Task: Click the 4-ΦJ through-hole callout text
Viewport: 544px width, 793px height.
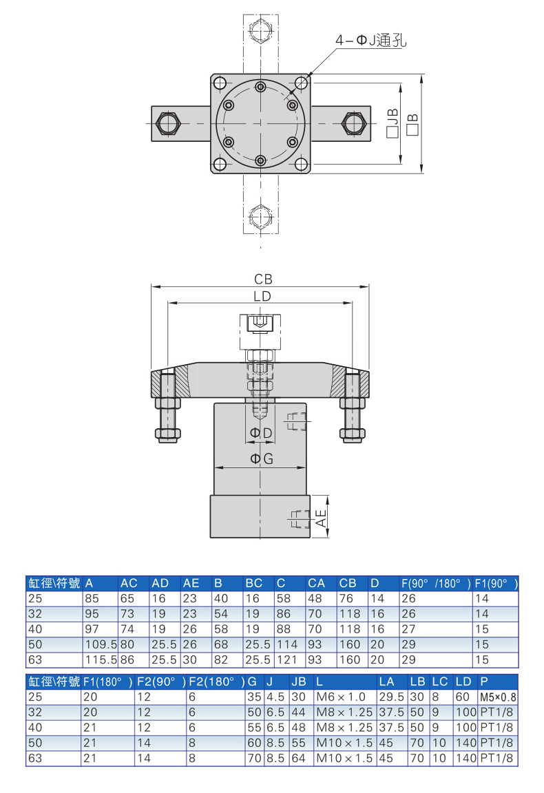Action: (371, 41)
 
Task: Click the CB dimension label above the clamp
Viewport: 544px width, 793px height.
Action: (263, 279)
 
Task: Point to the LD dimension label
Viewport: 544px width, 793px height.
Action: (262, 297)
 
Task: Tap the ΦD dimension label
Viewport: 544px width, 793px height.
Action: (261, 433)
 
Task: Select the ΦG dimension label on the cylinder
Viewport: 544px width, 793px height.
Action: (262, 458)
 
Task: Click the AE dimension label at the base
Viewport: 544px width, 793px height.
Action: (322, 518)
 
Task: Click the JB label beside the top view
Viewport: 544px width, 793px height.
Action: (393, 123)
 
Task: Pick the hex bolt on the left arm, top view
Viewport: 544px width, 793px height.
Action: (167, 123)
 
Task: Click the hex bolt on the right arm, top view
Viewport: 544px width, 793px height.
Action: (353, 123)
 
